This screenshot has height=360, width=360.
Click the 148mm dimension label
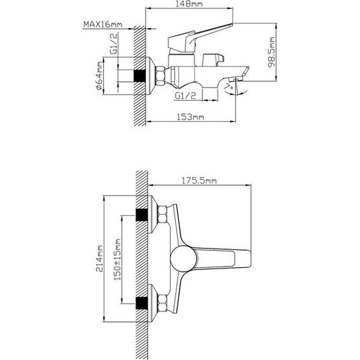tap(187, 4)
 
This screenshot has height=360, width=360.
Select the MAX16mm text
tap(103, 25)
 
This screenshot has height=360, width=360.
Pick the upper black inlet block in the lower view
tap(142, 217)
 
